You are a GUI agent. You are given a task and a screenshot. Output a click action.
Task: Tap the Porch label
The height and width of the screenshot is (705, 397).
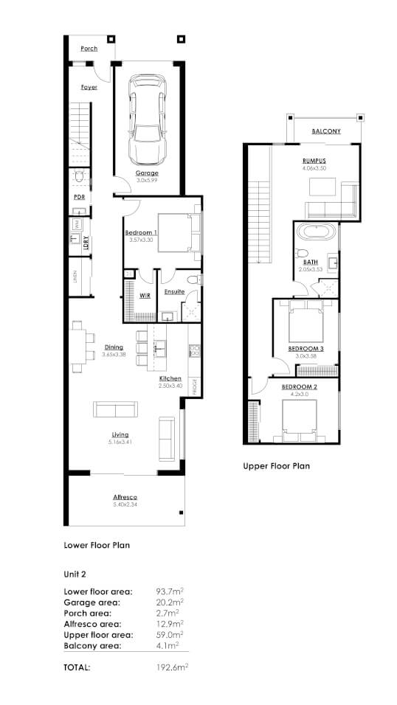[89, 49]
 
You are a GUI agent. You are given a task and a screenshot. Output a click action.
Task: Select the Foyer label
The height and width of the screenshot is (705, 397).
[89, 87]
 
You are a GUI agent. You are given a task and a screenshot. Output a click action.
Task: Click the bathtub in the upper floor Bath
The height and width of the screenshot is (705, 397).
[317, 235]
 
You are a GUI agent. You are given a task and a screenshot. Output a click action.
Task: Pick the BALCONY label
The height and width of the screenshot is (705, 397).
[325, 131]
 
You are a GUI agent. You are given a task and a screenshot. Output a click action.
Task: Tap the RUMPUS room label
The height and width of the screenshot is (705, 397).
[314, 161]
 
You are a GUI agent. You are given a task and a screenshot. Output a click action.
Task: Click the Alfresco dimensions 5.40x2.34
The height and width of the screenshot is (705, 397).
[125, 505]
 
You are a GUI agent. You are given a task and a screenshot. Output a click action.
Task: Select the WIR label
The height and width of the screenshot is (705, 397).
[145, 296]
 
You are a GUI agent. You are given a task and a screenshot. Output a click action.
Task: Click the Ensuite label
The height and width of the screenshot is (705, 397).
[175, 291]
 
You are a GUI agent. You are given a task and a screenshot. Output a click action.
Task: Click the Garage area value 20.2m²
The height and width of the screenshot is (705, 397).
[168, 602]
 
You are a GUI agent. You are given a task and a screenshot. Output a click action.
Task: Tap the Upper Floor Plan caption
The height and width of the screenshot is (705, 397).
[277, 466]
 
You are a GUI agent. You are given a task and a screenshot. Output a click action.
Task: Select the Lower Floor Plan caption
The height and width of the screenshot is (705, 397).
[97, 546]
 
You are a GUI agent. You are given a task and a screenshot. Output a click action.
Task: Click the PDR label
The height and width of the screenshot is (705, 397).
[79, 198]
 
